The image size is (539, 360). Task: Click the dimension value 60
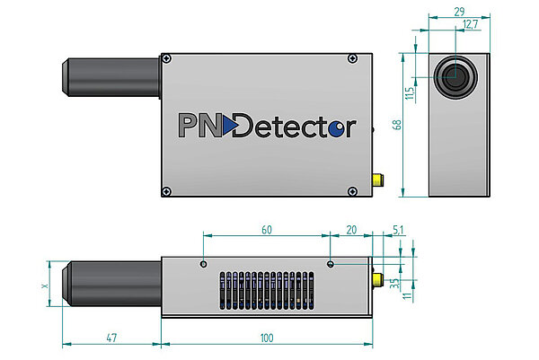click(x=266, y=230)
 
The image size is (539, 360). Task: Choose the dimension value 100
click(x=266, y=338)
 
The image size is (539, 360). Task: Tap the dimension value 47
click(x=111, y=338)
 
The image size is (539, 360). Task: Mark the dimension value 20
click(x=351, y=230)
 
